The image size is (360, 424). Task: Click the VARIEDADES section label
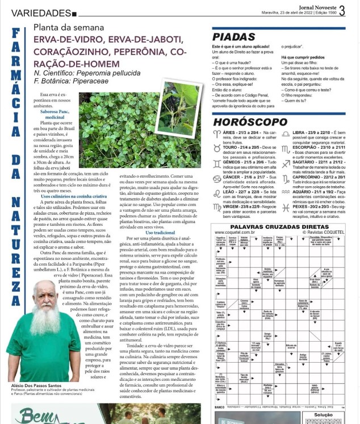coord(37,12)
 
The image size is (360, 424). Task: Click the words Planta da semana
coord(69,27)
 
